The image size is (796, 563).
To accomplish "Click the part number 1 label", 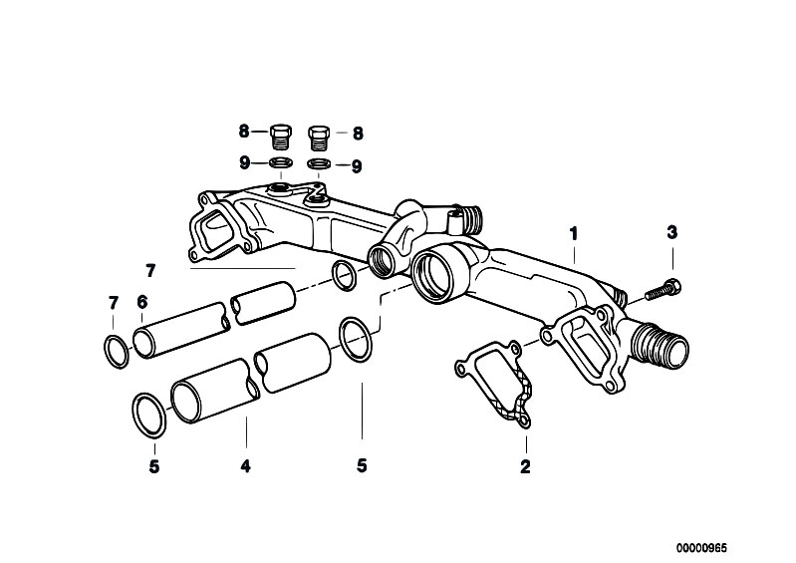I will [574, 234].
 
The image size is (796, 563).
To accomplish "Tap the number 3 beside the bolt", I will [672, 233].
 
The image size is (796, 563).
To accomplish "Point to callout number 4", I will [245, 465].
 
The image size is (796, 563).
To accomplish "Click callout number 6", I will [141, 302].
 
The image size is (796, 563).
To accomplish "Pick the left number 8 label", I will [243, 131].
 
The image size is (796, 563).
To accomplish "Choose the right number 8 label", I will [357, 131].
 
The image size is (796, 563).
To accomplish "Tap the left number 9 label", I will [243, 163].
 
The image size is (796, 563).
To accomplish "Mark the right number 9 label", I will [357, 164].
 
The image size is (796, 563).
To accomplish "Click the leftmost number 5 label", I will [153, 465].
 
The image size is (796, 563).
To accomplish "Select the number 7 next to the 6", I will [114, 302].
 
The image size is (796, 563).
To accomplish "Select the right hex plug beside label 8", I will [319, 133].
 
